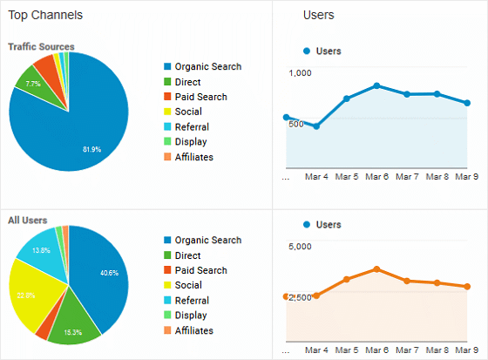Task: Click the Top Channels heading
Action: coord(47,15)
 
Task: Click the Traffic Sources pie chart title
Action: coord(41,46)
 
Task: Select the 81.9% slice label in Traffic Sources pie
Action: coord(91,149)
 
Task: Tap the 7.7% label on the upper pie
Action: coord(33,84)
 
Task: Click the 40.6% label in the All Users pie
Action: coord(109,272)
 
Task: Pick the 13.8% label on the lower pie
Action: coord(40,249)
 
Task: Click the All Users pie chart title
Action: coord(27,221)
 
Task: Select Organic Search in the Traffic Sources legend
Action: coord(207,66)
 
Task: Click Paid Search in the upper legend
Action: coord(201,97)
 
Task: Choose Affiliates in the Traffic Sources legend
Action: coord(193,157)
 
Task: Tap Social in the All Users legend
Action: coord(188,285)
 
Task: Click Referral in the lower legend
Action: coord(192,301)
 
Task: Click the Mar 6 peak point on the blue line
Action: coord(376,85)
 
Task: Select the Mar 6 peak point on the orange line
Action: coord(376,268)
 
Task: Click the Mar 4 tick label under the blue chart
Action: coord(316,176)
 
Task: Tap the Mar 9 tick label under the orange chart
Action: coord(468,350)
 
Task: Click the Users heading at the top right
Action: coord(318,15)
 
